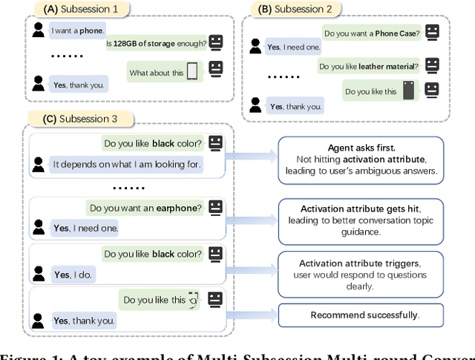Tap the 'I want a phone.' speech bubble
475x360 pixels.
point(77,31)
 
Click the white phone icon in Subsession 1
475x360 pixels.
point(192,72)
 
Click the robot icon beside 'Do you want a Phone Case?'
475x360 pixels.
point(433,32)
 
